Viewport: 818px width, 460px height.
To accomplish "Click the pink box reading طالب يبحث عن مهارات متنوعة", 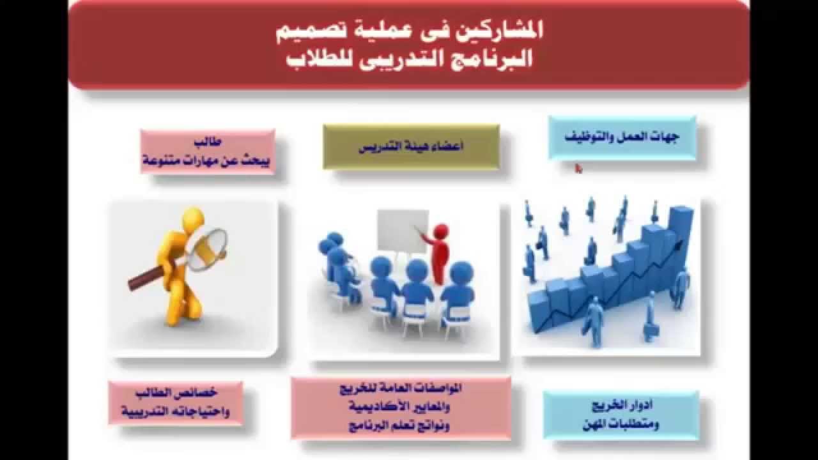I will point(208,152).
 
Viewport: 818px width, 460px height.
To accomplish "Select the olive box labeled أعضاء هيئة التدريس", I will point(411,147).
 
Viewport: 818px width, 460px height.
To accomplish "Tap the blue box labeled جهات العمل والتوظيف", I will point(622,137).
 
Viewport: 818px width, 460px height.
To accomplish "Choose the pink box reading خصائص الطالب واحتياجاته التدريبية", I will point(175,402).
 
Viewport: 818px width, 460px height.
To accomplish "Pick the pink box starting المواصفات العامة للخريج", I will point(401,408).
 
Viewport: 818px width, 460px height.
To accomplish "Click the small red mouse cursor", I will point(578,169).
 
